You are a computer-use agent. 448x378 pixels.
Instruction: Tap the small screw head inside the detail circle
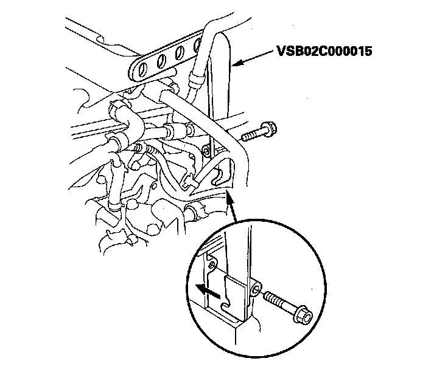(x=211, y=266)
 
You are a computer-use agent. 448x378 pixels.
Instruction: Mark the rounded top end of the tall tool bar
(x=220, y=40)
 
